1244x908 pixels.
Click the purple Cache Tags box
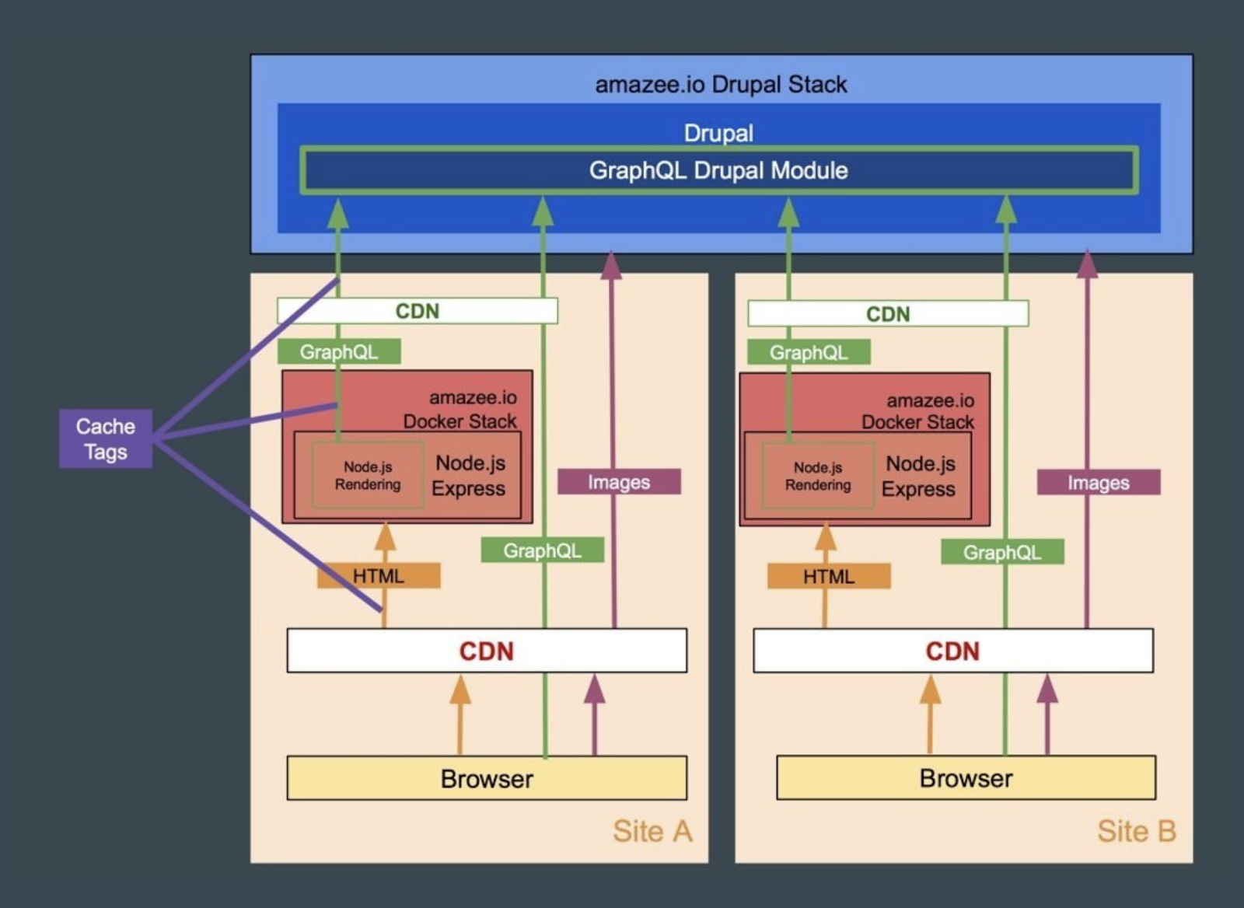click(106, 439)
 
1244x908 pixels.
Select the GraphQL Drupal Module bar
click(718, 170)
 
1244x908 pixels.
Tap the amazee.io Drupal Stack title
click(721, 84)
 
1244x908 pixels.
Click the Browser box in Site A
click(487, 778)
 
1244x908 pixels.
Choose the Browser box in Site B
click(966, 777)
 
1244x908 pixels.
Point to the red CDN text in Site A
click(487, 651)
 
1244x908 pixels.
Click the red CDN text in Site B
click(952, 651)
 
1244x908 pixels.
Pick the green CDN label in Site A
click(418, 311)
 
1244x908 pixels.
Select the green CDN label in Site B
click(888, 314)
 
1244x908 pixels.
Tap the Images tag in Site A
click(619, 482)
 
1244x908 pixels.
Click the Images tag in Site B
click(1098, 483)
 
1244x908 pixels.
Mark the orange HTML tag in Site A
click(379, 576)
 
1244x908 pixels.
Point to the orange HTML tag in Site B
click(829, 577)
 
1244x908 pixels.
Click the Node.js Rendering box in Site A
click(368, 476)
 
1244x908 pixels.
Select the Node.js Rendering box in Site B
click(818, 477)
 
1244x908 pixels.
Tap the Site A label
click(652, 831)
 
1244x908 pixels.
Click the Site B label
click(1136, 831)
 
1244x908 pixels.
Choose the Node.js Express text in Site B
click(919, 477)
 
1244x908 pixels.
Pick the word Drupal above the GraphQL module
click(718, 133)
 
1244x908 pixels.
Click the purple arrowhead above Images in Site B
click(1087, 264)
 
